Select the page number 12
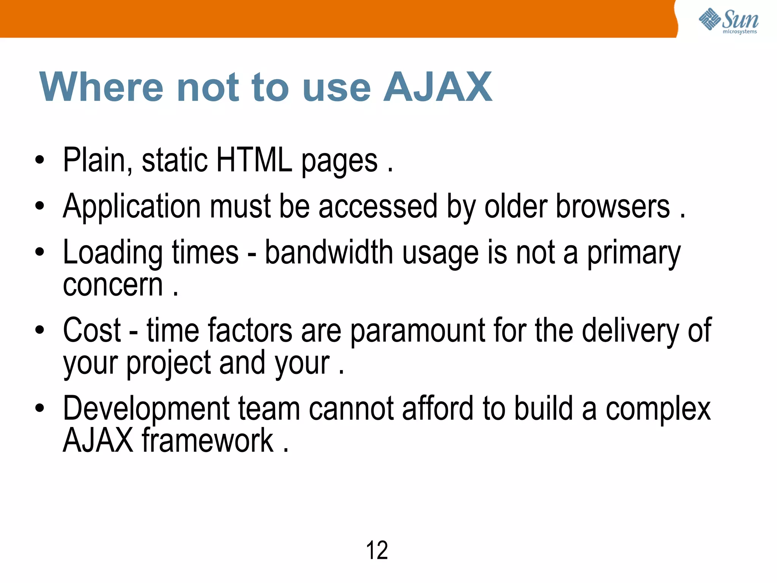pyautogui.click(x=377, y=550)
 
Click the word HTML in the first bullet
pyautogui.click(x=254, y=160)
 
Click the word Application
pyautogui.click(x=132, y=207)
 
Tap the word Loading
pyautogui.click(x=113, y=253)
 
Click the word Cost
pyautogui.click(x=92, y=330)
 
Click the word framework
pyautogui.click(x=208, y=440)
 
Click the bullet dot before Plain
pyautogui.click(x=39, y=160)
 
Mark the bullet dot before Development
pyautogui.click(x=39, y=408)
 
